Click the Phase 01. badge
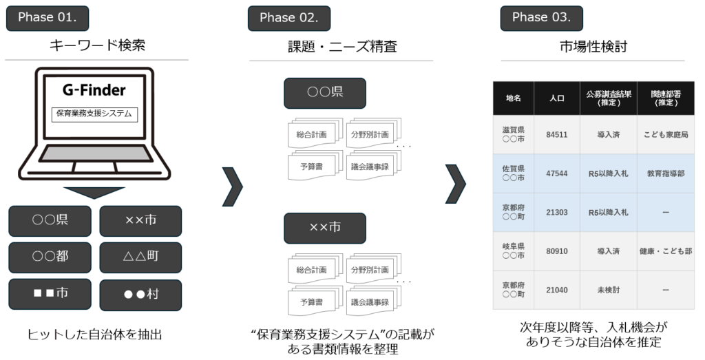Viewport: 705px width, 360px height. pos(47,18)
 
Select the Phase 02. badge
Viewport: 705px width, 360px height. pos(288,18)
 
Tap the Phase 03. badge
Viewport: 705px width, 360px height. pos(540,18)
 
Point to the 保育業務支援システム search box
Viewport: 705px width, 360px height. pos(95,114)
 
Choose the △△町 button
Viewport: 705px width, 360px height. pos(140,257)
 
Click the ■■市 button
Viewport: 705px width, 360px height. pos(50,293)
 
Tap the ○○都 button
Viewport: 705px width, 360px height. pos(50,257)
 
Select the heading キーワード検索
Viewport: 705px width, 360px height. pos(97,46)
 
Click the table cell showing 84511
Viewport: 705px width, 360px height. pos(556,134)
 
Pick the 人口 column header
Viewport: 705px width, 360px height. pos(556,98)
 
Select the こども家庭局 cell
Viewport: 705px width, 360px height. pos(665,134)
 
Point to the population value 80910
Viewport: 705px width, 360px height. pos(556,251)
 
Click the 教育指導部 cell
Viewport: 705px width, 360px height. pos(665,173)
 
